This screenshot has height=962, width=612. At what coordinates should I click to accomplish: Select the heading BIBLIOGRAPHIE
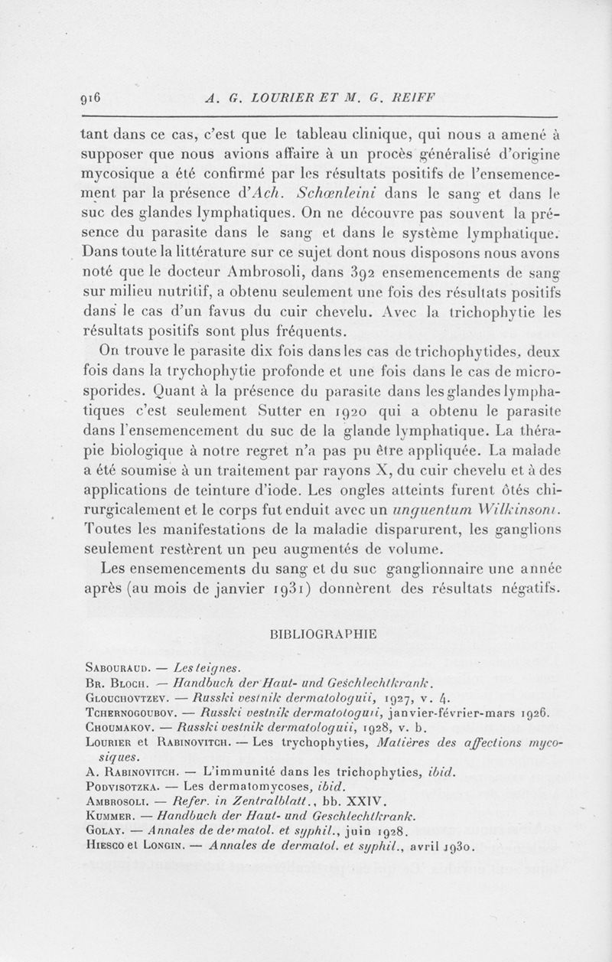click(x=320, y=634)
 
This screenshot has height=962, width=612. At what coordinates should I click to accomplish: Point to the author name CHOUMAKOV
click(x=117, y=726)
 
